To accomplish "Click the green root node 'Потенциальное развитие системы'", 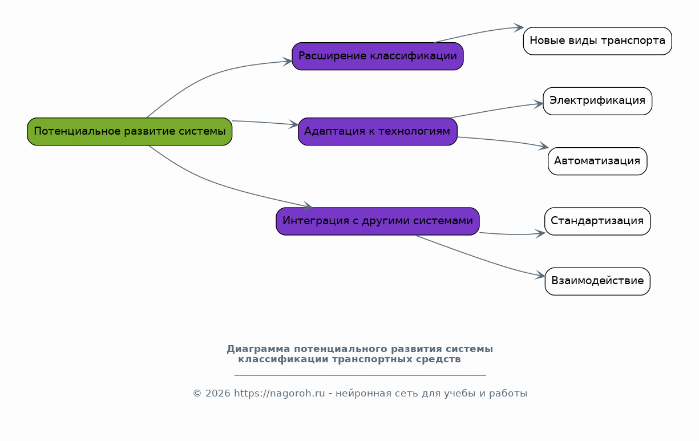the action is point(130,131).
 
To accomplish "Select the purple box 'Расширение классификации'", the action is point(378,56).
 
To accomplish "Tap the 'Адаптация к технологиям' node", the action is point(378,131).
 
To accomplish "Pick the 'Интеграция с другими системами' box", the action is point(378,221).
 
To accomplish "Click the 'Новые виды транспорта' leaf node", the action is point(597,41).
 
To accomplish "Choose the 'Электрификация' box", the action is point(597,101).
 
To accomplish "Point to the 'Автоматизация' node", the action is point(597,161).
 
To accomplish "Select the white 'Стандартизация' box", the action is point(597,221).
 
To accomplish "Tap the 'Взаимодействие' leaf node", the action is point(597,281).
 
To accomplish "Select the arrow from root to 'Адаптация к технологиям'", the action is point(265,122).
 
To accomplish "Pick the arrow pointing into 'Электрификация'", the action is point(496,110).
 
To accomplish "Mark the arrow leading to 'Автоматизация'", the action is point(502,140).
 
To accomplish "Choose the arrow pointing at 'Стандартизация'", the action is point(512,234).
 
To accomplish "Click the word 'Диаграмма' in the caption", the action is point(258,349).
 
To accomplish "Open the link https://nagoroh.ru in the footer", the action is point(279,393).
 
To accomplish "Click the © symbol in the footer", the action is point(197,394).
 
